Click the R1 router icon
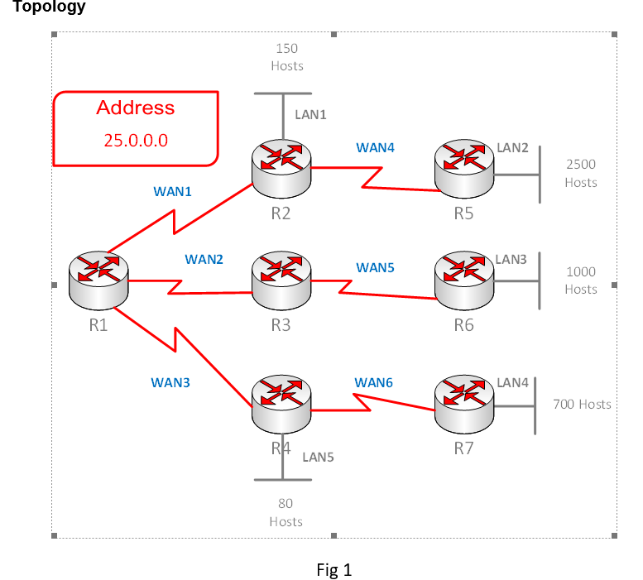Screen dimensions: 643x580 [x=98, y=280]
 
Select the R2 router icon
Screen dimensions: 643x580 [x=281, y=169]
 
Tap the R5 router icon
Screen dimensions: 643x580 [x=464, y=169]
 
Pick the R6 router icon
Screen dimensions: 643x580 [x=464, y=280]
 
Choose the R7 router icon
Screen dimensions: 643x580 [x=464, y=404]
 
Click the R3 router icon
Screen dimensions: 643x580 [x=281, y=280]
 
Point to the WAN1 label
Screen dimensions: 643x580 [x=172, y=191]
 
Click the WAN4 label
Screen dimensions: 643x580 [x=375, y=147]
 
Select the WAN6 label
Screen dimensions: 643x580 [x=373, y=382]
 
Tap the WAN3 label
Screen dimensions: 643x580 [x=170, y=382]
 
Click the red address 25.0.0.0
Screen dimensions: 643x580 [x=136, y=141]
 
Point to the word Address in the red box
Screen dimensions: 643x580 [x=136, y=108]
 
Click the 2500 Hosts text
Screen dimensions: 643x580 [x=581, y=174]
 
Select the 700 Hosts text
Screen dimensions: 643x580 [x=582, y=405]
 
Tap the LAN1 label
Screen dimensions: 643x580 [x=310, y=115]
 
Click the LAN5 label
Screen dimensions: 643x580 [x=319, y=458]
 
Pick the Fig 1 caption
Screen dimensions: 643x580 [x=334, y=570]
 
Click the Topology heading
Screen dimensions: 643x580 [x=49, y=6]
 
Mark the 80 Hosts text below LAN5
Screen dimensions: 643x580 [x=286, y=512]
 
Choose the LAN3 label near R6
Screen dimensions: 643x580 [x=511, y=260]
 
